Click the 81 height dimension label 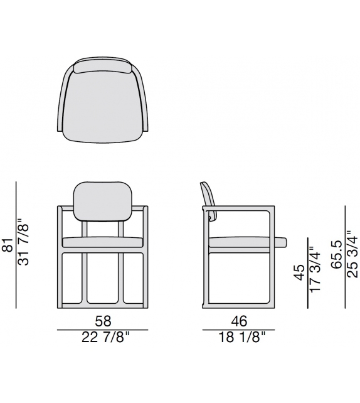tap(8, 244)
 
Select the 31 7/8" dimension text tap(24, 242)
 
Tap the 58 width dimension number tap(102, 321)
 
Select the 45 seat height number tap(299, 272)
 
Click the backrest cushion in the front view tap(102, 201)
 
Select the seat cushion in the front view tap(102, 242)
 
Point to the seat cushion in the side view tap(245, 242)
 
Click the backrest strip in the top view tap(102, 67)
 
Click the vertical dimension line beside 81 tap(16, 244)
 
